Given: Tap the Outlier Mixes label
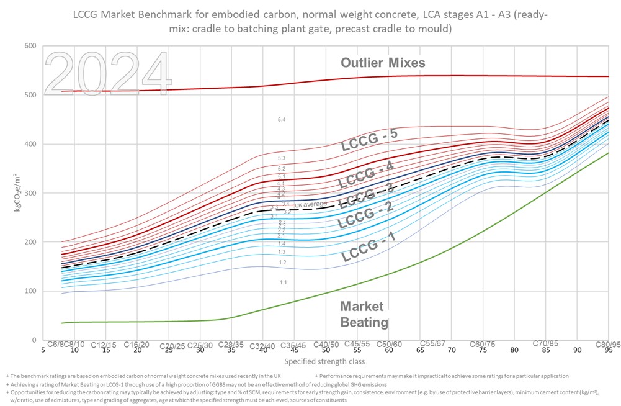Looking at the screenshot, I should coord(383,63).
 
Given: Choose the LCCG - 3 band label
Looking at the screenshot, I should coord(369,196).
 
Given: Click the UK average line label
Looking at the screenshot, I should coord(310,204).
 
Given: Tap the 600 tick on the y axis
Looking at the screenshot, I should coord(30,46).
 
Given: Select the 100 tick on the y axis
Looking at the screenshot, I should coord(30,291).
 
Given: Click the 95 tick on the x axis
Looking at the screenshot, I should coord(609,350).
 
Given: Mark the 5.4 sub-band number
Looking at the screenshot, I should coord(282,119).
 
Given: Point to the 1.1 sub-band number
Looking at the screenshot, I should coord(283,282).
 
